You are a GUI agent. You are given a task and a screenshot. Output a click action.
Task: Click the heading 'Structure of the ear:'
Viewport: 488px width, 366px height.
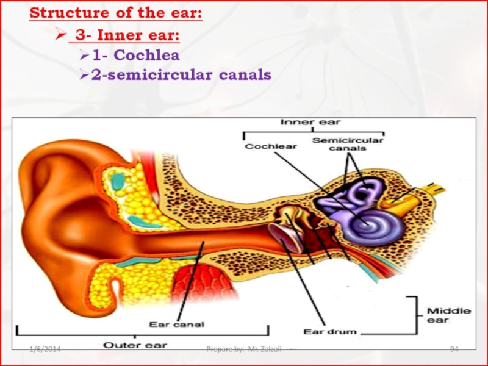116,13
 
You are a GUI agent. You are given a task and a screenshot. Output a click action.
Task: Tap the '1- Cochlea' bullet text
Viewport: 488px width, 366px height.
136,56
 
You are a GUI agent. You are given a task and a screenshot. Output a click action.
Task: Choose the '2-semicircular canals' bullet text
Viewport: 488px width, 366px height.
181,75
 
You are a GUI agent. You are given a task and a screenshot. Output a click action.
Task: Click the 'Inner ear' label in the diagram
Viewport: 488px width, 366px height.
311,122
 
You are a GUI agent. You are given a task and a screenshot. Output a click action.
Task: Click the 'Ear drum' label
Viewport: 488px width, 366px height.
329,332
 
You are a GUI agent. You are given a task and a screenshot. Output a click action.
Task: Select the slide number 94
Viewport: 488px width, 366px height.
454,348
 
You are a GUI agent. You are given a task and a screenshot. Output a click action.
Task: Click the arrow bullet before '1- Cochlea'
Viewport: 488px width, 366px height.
85,56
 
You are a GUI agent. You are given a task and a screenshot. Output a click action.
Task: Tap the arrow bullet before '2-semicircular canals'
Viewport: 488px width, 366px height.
85,76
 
